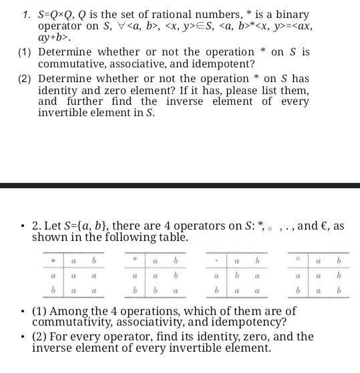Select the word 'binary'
tap(294, 13)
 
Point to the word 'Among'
tap(75, 311)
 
